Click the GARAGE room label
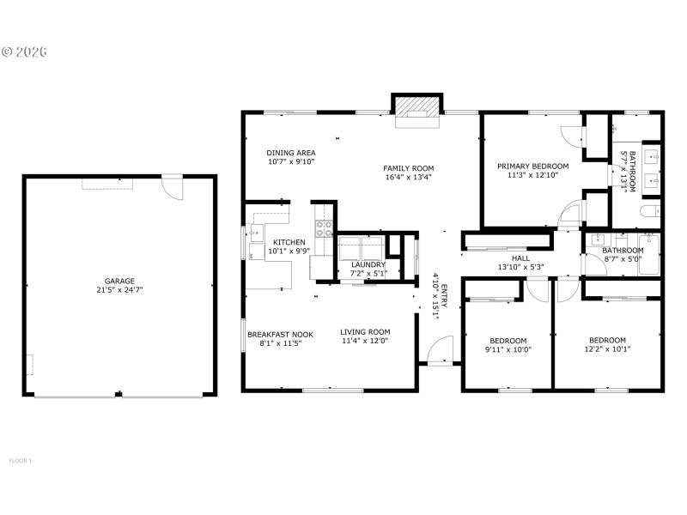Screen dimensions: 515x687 pyautogui.click(x=119, y=281)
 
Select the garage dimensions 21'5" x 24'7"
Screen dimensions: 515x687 pyautogui.click(x=119, y=290)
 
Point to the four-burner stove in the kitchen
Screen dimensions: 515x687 pyautogui.click(x=325, y=228)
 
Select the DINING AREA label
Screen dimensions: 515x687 pyautogui.click(x=291, y=153)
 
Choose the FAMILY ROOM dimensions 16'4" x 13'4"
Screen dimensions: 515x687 pyautogui.click(x=408, y=178)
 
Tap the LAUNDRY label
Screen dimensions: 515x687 pyautogui.click(x=368, y=264)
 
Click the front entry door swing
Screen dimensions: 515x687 pyautogui.click(x=438, y=349)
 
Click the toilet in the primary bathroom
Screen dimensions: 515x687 pyautogui.click(x=651, y=210)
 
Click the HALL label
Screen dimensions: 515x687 pyautogui.click(x=520, y=257)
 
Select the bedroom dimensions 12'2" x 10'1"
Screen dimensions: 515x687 pyautogui.click(x=607, y=349)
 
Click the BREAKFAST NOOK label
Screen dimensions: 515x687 pyautogui.click(x=280, y=334)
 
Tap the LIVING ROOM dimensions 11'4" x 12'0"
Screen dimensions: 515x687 pyautogui.click(x=365, y=341)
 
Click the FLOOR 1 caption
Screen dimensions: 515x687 pyautogui.click(x=21, y=461)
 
